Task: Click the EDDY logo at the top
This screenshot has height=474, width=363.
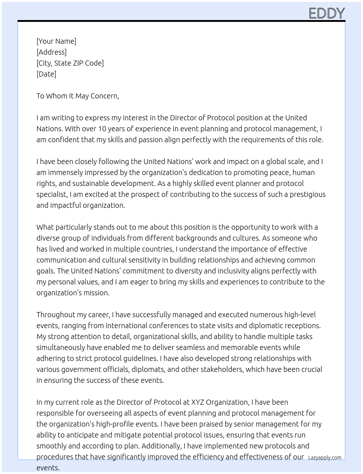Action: click(x=327, y=13)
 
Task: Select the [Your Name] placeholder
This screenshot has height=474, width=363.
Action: click(x=56, y=41)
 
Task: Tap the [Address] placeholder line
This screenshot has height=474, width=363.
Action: click(x=51, y=52)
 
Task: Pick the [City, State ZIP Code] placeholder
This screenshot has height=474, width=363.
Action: click(x=70, y=63)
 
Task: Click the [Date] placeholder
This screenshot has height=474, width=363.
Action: click(x=46, y=74)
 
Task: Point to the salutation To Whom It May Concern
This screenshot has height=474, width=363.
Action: click(x=78, y=96)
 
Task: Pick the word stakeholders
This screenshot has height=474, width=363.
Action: click(x=216, y=369)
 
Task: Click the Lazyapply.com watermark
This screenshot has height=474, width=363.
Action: click(x=325, y=458)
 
